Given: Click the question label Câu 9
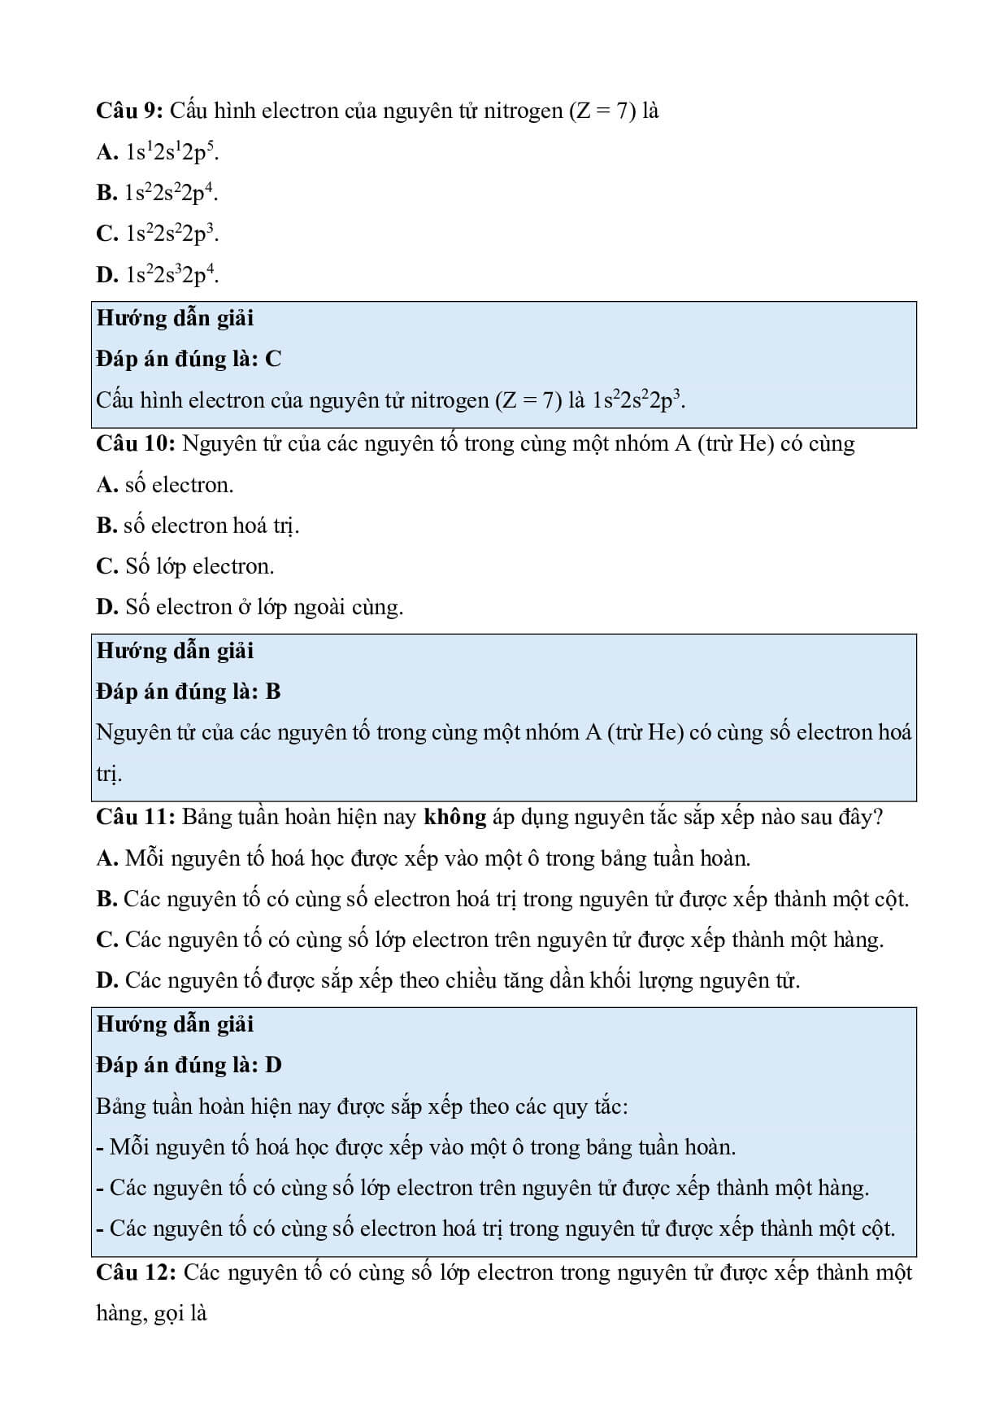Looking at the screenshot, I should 130,111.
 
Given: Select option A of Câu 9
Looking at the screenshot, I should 158,152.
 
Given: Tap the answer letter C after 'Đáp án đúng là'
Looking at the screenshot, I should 273,359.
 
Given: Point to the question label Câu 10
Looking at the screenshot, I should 136,444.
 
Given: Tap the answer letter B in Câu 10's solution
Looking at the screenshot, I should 273,692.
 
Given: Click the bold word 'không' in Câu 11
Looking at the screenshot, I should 455,817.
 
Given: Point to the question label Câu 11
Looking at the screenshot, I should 136,817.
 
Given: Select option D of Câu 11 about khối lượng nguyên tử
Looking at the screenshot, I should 448,980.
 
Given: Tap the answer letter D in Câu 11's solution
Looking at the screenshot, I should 274,1065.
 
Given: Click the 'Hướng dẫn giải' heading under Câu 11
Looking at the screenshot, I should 176,1024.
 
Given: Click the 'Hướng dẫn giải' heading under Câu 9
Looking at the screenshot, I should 176,318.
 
